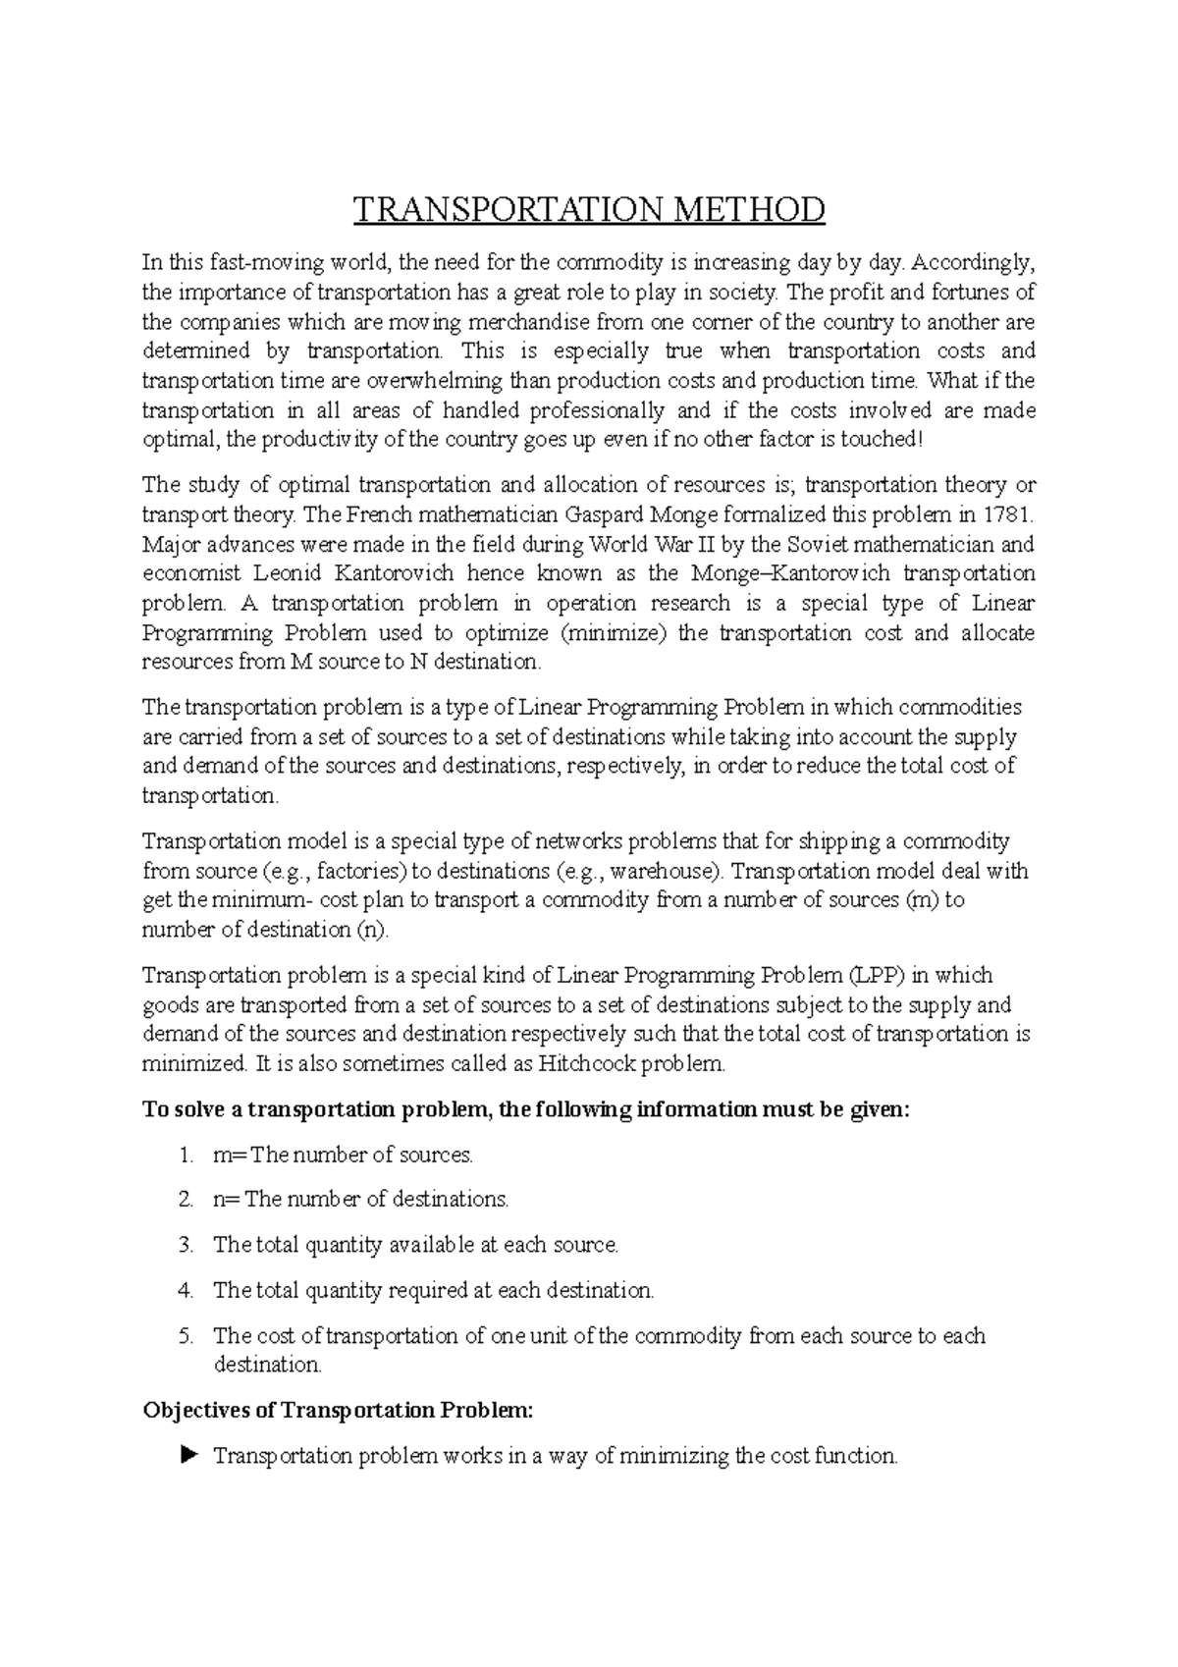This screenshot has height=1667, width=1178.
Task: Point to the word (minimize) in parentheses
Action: click(x=613, y=632)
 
